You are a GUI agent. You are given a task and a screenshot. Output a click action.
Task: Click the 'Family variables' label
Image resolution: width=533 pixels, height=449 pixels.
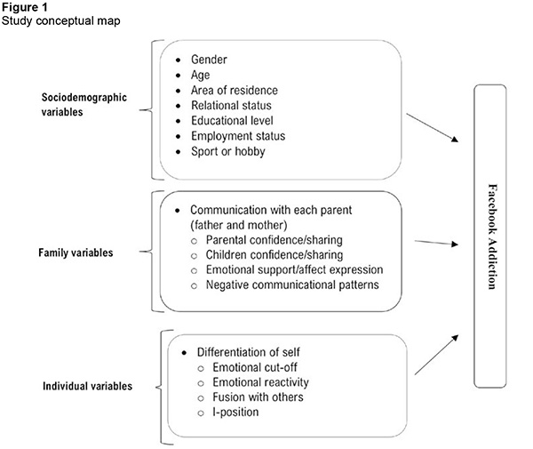(76, 253)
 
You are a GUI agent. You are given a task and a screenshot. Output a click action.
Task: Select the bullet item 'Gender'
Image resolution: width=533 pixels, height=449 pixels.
(210, 59)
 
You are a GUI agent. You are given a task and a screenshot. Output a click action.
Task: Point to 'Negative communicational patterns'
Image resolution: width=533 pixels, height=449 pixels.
(298, 284)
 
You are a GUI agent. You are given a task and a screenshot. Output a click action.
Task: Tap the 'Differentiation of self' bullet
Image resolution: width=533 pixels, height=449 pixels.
(252, 352)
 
